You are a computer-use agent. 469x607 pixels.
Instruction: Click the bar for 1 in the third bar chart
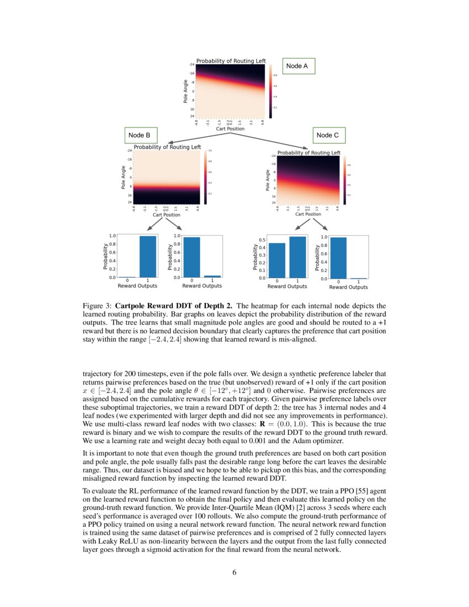point(297,257)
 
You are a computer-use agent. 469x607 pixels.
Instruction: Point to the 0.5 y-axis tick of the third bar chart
point(262,240)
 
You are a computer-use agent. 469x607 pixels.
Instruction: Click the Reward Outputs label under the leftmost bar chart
point(137,286)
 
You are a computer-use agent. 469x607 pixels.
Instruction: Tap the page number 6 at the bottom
point(234,572)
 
